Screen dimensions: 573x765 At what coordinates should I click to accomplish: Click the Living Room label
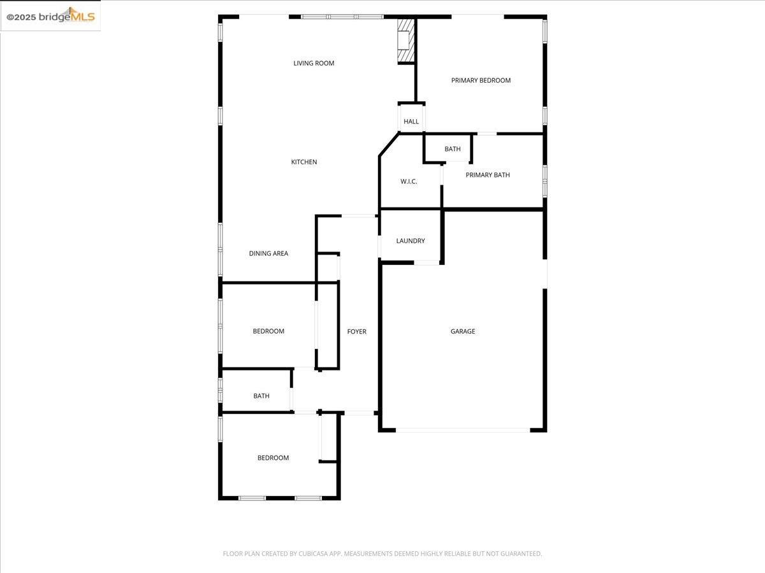[x=314, y=63]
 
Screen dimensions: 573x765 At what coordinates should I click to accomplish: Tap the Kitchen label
[x=304, y=162]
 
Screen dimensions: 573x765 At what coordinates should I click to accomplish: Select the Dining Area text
[x=268, y=253]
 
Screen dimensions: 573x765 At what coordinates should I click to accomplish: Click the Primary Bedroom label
[x=481, y=80]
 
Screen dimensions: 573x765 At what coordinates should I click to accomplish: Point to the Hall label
[x=411, y=122]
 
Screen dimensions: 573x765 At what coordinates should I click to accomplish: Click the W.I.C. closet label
[x=409, y=181]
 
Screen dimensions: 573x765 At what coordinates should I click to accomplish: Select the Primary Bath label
[x=488, y=175]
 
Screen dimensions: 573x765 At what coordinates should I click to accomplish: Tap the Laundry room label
[x=411, y=241]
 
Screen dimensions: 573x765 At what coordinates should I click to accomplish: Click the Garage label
[x=463, y=331]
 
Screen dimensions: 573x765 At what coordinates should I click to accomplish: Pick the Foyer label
[x=356, y=332]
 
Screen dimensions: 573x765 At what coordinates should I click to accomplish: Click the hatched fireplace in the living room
[x=405, y=41]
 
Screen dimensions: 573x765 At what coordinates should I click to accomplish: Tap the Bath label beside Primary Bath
[x=453, y=149]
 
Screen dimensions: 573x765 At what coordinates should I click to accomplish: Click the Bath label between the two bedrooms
[x=261, y=396]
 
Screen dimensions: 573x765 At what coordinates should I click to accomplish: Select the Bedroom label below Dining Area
[x=268, y=331]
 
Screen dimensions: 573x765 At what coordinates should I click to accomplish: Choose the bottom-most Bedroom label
[x=273, y=458]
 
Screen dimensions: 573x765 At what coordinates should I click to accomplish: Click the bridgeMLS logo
[x=51, y=17]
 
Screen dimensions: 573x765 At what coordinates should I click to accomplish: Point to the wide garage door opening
[x=463, y=430]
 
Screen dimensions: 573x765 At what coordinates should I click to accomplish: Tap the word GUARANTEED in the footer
[x=517, y=554]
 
